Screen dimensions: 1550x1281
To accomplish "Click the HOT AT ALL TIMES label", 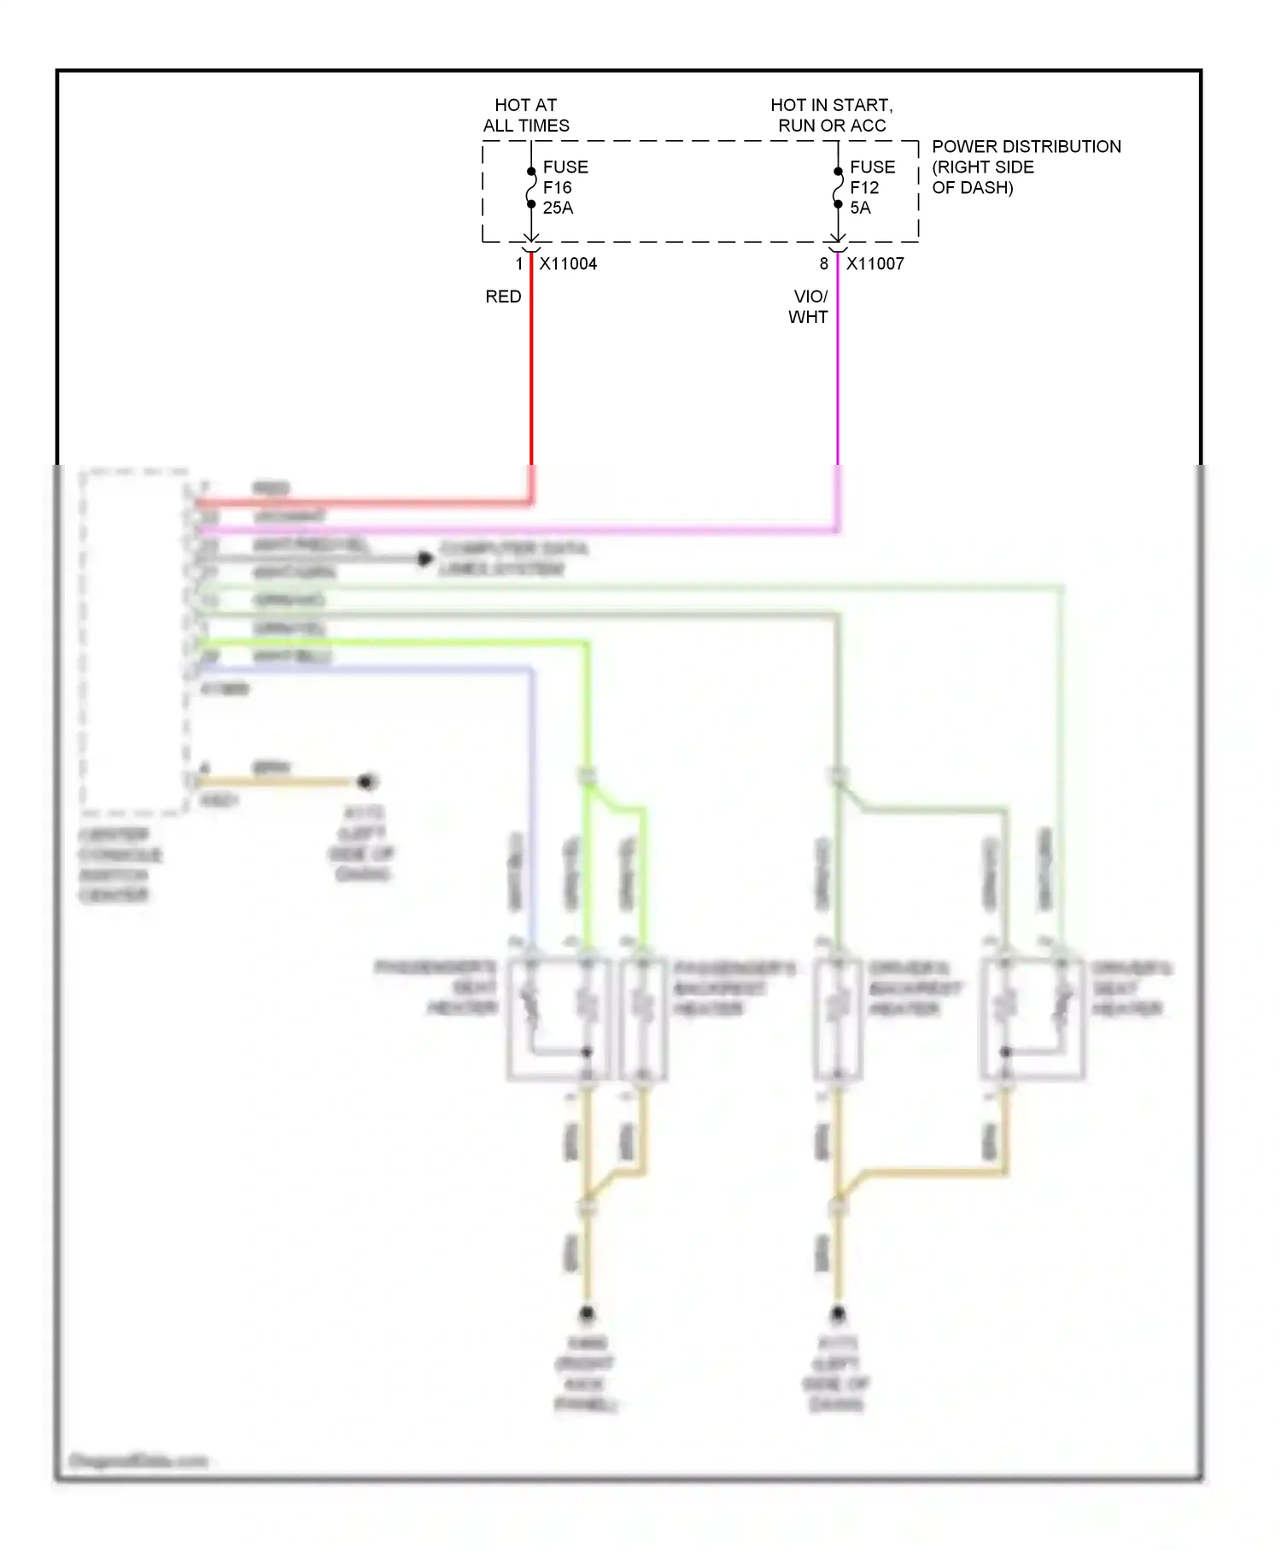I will tap(526, 115).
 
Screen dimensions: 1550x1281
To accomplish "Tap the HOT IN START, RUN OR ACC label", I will tap(832, 115).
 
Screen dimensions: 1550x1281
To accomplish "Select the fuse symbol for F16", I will tap(531, 188).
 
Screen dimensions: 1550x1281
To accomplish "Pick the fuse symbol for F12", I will tap(838, 188).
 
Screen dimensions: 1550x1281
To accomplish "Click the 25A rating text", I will tap(559, 208).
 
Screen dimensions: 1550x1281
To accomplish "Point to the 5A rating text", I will tap(860, 208).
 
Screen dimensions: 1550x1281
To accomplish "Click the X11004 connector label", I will tap(568, 264).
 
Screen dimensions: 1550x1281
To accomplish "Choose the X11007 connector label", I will tap(875, 264).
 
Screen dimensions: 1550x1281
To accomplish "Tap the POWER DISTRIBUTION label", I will tap(1026, 167).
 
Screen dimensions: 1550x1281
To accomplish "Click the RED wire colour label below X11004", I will tap(503, 296).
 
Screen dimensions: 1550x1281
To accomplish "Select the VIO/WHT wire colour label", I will tap(809, 307).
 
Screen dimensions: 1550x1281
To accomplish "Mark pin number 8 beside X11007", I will tap(824, 264).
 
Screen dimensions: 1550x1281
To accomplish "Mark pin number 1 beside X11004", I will tap(518, 264).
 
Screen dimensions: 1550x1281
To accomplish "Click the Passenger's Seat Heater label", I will tap(436, 988).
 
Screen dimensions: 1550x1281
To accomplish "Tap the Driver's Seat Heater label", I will tap(1132, 989).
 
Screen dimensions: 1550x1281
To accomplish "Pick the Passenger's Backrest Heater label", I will tap(734, 989).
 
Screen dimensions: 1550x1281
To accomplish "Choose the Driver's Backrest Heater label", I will tap(915, 989).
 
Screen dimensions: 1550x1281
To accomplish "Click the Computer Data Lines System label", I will tap(513, 559).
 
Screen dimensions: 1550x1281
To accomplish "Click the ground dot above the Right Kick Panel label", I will tap(587, 1313).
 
